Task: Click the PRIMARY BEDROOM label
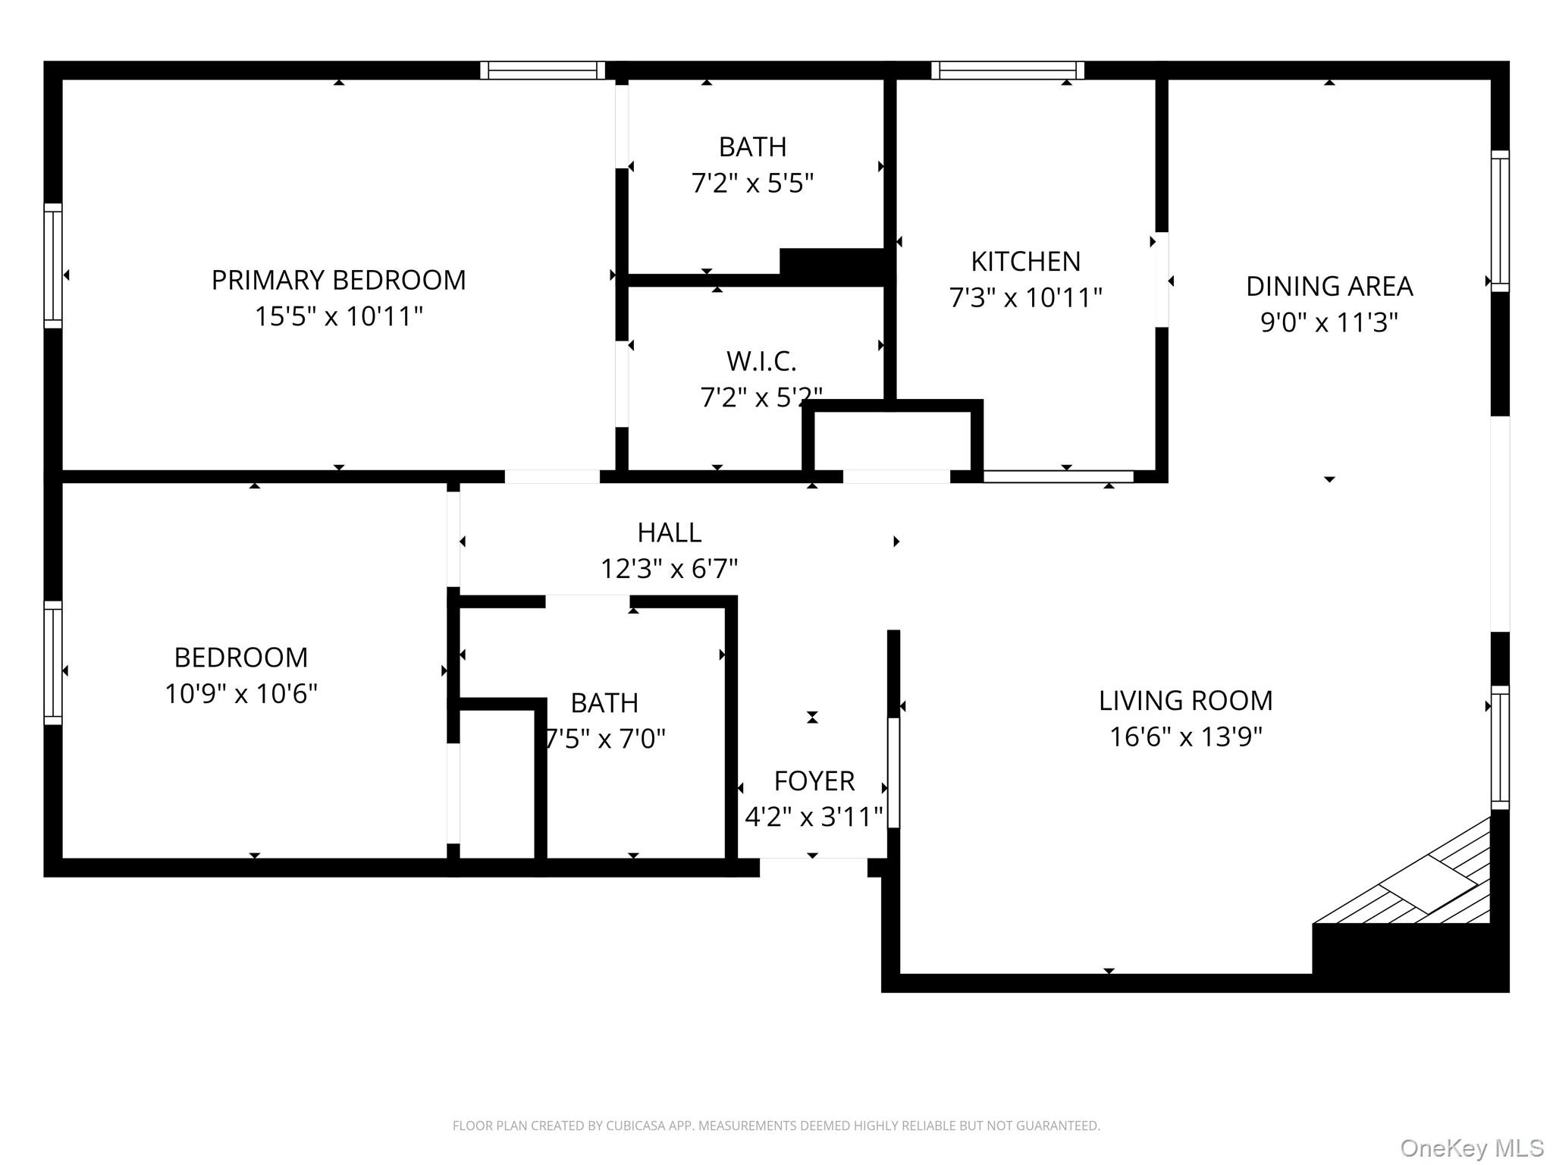[x=338, y=280]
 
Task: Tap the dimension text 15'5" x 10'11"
[x=338, y=316]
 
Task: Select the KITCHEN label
[x=1025, y=262]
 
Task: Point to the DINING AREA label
[x=1329, y=287]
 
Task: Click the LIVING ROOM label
[x=1185, y=701]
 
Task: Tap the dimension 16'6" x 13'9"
[x=1185, y=736]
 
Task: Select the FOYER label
[x=814, y=780]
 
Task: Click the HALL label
[x=669, y=532]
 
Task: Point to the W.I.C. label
[x=761, y=362]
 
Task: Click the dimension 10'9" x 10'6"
[x=240, y=693]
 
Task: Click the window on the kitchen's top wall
[x=1007, y=71]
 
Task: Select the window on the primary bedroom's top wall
[x=542, y=71]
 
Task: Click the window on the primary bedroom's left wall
[x=52, y=265]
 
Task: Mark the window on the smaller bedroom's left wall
[x=52, y=663]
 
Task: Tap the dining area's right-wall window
[x=1499, y=221]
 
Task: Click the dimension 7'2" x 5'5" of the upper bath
[x=751, y=184]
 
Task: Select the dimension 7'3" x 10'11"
[x=1025, y=297]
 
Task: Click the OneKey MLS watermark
[x=1471, y=1148]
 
